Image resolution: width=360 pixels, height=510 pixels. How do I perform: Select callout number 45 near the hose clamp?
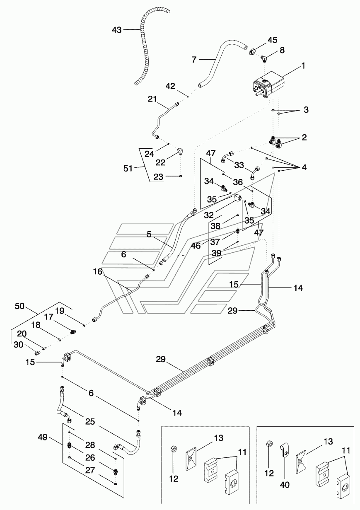click(272, 40)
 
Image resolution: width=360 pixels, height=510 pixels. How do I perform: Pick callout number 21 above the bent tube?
click(152, 99)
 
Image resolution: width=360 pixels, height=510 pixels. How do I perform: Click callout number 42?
click(171, 86)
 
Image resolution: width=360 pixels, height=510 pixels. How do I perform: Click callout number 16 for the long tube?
click(97, 272)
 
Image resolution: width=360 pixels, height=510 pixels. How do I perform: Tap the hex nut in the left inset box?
click(174, 449)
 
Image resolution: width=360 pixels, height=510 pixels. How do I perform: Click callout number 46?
click(196, 245)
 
